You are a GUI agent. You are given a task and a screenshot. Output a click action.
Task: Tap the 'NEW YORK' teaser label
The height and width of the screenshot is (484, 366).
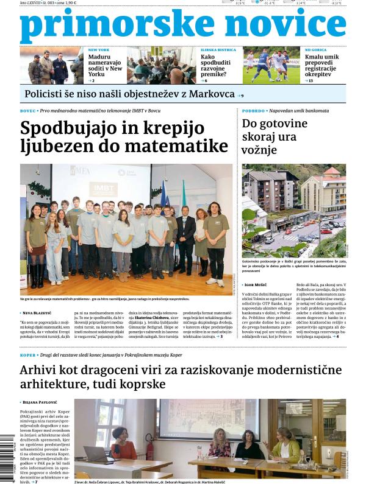click(x=99, y=49)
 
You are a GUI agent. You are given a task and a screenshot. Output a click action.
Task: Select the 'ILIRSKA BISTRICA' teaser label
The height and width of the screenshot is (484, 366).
click(x=218, y=49)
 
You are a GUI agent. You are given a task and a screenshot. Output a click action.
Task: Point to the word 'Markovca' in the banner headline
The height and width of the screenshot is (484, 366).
click(x=211, y=94)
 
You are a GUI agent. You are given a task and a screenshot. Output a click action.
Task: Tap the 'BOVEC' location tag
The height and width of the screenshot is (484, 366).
click(x=28, y=111)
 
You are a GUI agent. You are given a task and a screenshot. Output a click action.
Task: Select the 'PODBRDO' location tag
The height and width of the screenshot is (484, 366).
click(x=253, y=111)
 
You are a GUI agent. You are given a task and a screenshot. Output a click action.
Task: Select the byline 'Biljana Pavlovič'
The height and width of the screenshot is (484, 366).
click(x=43, y=402)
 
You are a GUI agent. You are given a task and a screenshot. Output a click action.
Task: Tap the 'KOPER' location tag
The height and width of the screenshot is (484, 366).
click(x=27, y=354)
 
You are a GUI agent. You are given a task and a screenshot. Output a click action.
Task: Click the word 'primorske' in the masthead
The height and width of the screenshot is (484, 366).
click(x=116, y=26)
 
